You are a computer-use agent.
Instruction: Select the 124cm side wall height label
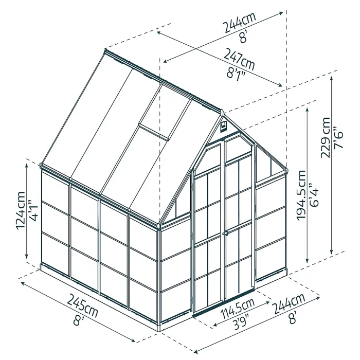point(21,211)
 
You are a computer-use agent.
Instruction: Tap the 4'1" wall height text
point(34,211)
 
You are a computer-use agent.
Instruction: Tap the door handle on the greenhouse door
point(225,235)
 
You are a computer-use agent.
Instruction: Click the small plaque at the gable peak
point(223,125)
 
